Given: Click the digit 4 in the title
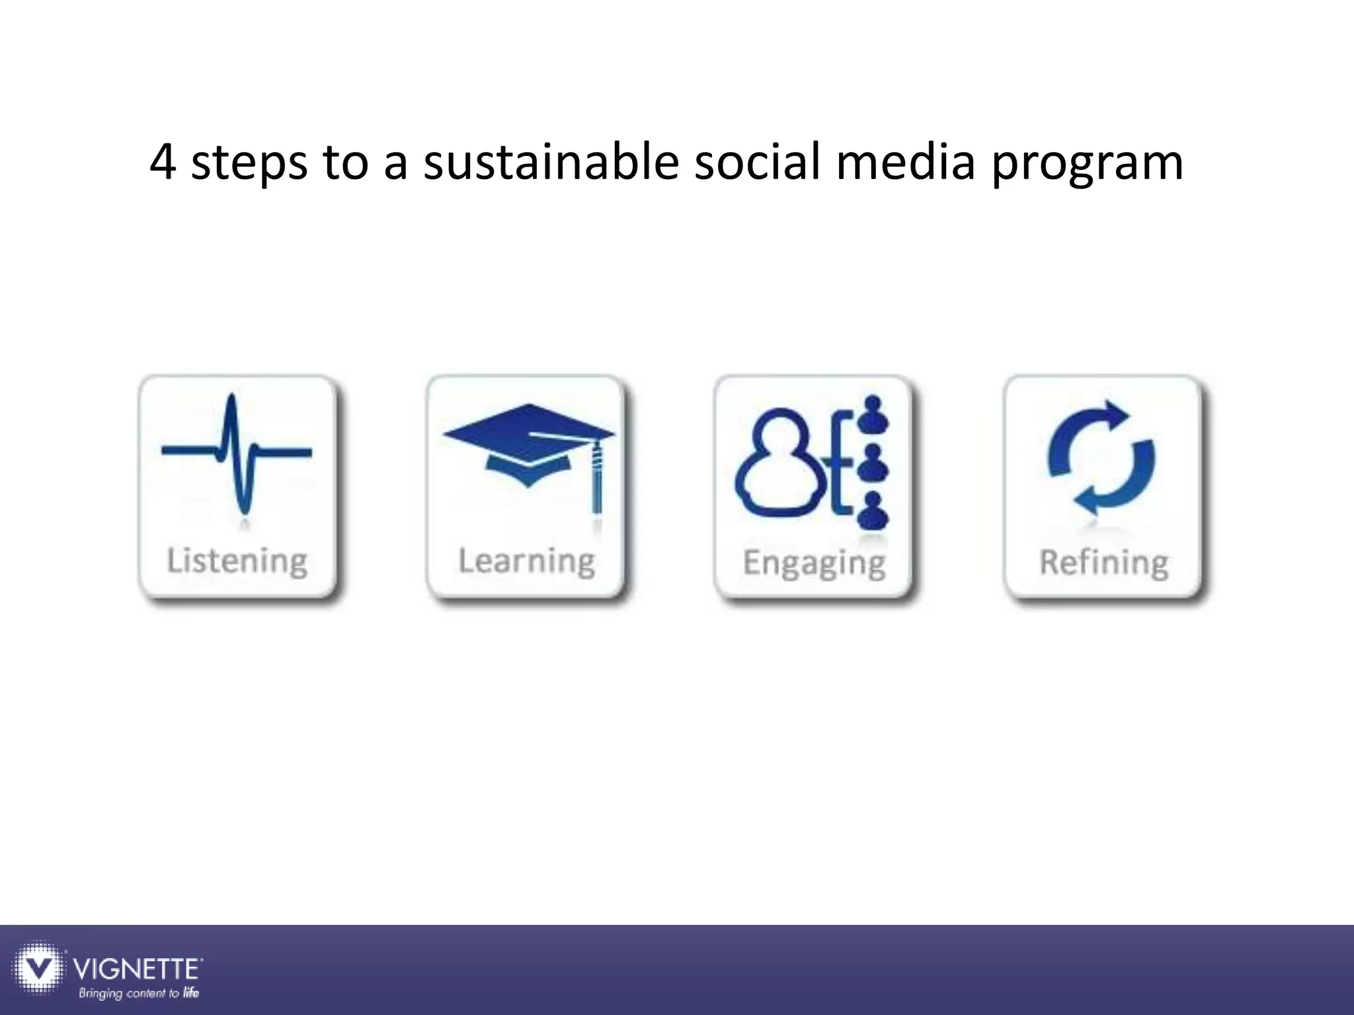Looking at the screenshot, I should [x=163, y=163].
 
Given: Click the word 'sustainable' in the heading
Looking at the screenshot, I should [x=551, y=163].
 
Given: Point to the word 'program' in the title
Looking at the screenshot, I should [x=1087, y=165].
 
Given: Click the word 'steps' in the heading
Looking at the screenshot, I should [x=249, y=165].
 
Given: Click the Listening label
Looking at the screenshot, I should [x=237, y=561].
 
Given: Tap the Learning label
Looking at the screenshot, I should [x=527, y=561].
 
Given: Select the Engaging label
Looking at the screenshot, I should [x=814, y=564].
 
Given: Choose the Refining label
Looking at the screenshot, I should [x=1103, y=563].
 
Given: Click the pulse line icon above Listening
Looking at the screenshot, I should [x=236, y=453].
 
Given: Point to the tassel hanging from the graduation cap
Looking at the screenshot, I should [x=597, y=479].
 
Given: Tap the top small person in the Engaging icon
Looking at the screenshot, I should [x=873, y=413].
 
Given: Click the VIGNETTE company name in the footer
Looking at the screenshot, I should [x=137, y=969].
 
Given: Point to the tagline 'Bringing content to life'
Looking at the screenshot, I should [x=139, y=993].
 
